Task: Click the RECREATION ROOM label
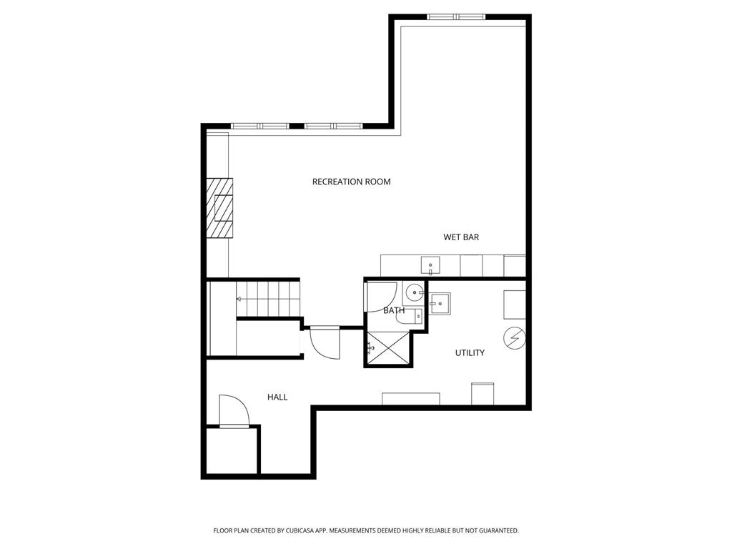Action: click(351, 182)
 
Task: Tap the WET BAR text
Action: click(461, 237)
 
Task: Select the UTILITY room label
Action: click(470, 353)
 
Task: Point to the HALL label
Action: click(277, 397)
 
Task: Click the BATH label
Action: click(394, 310)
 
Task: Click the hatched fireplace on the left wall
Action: click(220, 208)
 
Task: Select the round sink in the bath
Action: click(414, 293)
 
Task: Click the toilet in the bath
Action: click(410, 317)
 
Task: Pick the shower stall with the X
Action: click(388, 348)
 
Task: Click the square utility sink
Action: click(440, 303)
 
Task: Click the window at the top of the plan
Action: click(456, 17)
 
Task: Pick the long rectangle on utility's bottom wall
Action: click(411, 399)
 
